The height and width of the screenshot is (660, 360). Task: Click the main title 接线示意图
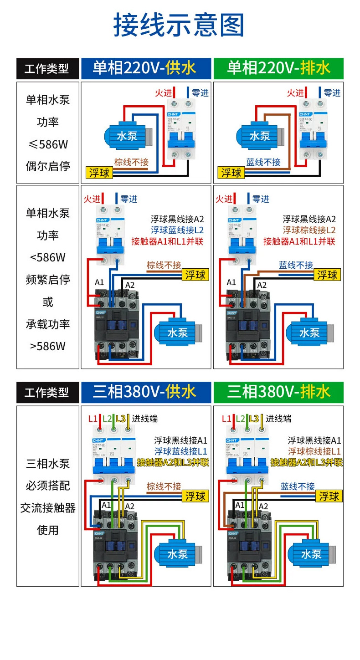(x=179, y=25)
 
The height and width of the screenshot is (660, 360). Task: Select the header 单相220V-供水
(x=145, y=68)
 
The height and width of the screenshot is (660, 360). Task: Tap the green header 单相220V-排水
(x=278, y=68)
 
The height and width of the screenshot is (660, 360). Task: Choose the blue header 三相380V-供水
(x=145, y=392)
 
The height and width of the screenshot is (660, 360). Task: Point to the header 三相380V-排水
(x=278, y=392)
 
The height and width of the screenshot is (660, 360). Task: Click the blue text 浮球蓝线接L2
(x=178, y=230)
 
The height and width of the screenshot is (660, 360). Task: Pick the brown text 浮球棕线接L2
(x=309, y=230)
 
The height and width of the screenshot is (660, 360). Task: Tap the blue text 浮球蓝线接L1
(x=180, y=451)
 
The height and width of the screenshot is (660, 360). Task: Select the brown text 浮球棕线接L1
(x=314, y=451)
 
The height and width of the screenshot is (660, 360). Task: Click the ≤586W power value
(x=48, y=144)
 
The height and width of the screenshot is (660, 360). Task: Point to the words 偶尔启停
(x=48, y=166)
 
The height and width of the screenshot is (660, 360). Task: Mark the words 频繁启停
(x=48, y=280)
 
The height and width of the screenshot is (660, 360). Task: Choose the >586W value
(x=48, y=346)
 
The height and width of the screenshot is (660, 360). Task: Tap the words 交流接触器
(x=48, y=508)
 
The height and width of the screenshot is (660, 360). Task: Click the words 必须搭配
(x=48, y=486)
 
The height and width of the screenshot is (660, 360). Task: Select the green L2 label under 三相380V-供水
(x=107, y=419)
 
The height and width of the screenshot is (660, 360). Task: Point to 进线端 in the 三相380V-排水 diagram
(x=278, y=419)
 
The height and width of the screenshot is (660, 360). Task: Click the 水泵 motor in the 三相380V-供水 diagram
(x=178, y=554)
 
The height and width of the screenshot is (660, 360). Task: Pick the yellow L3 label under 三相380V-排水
(x=254, y=419)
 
